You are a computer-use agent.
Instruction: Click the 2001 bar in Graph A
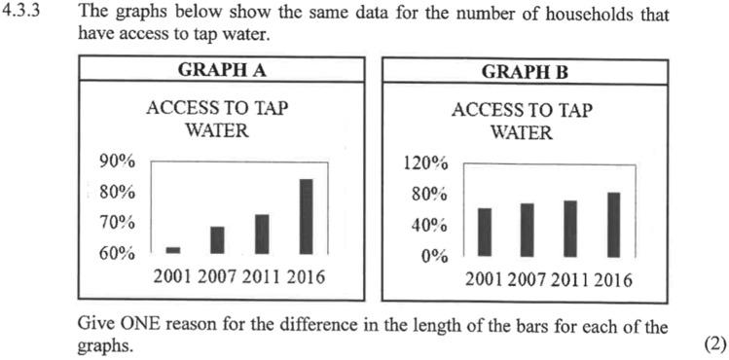click(x=172, y=250)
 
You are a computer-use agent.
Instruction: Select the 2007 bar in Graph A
click(x=216, y=239)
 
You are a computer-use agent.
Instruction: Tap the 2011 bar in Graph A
click(x=261, y=234)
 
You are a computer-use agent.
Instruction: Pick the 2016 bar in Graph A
click(x=306, y=216)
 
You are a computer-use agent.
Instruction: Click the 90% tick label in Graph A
click(x=118, y=162)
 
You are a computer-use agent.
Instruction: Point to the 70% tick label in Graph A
click(x=118, y=223)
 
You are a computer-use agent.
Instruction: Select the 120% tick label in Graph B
click(x=425, y=162)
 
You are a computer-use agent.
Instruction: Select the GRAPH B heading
click(x=526, y=71)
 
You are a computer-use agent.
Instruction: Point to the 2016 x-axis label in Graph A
click(x=305, y=277)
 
